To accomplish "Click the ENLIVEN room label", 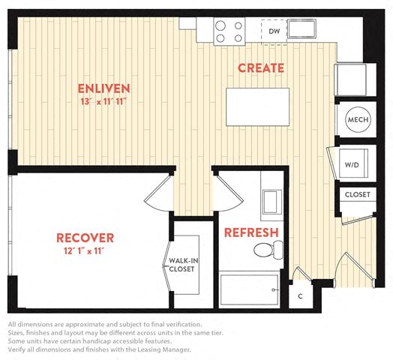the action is [x=103, y=88].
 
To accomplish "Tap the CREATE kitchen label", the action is [x=261, y=68].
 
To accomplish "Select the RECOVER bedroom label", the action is [x=85, y=238].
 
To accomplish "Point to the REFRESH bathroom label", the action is [x=251, y=232].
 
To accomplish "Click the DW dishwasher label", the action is [x=274, y=31].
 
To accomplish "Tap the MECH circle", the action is [x=358, y=119].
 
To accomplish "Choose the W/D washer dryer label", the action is [x=352, y=165].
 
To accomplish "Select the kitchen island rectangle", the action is [x=258, y=106].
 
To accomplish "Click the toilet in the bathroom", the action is [x=268, y=250].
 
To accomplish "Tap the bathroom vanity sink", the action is [x=271, y=202].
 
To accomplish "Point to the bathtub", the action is [x=249, y=289].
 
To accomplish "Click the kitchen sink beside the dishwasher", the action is [x=301, y=28].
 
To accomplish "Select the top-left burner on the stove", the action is [x=220, y=25].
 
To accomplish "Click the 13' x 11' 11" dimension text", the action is [x=103, y=102].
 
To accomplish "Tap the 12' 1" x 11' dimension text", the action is [x=84, y=251].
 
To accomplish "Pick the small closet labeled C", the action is [x=301, y=296].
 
